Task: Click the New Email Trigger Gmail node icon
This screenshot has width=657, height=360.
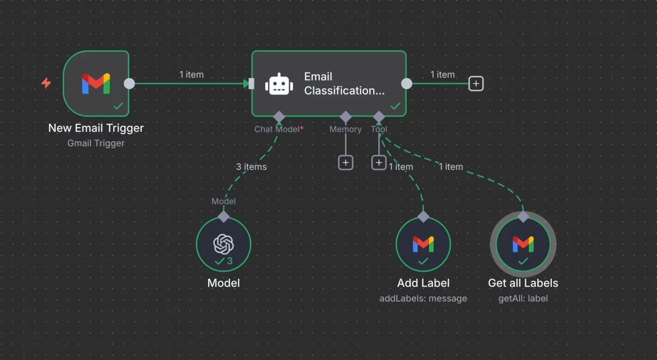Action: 96,84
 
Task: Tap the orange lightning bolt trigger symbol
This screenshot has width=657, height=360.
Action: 46,83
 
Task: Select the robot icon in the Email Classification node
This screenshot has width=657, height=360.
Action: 279,84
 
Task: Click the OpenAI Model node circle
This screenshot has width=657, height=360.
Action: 223,244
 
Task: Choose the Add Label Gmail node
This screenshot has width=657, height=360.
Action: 423,244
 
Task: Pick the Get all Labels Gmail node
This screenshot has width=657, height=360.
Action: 523,244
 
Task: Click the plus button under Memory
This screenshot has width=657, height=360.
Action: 345,163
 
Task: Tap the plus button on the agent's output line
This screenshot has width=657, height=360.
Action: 476,84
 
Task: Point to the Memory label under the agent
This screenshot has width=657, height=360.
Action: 345,129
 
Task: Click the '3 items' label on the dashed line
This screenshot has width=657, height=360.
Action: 251,167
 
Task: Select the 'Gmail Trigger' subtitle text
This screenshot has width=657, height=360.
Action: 96,143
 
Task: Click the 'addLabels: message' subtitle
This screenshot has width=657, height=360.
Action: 423,298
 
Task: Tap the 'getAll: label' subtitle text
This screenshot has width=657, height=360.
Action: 523,298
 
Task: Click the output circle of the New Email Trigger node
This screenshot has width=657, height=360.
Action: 129,84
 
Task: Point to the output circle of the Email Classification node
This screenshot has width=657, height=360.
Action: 407,84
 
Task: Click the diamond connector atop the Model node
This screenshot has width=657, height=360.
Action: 223,216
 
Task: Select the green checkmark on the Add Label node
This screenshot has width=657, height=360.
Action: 423,261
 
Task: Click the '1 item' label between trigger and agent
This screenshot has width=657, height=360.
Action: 191,75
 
